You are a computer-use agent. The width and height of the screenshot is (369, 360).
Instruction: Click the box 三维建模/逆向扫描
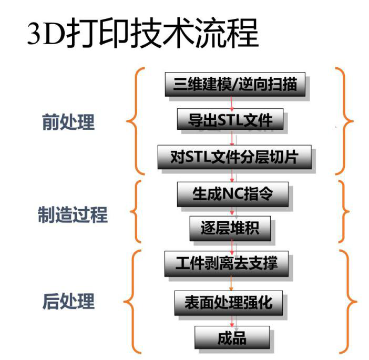click(x=234, y=86)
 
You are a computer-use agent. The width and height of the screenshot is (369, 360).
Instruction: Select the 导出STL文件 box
click(x=231, y=120)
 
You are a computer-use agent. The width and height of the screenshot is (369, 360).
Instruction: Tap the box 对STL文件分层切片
click(x=234, y=157)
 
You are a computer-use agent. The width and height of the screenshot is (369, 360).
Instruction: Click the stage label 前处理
click(x=68, y=122)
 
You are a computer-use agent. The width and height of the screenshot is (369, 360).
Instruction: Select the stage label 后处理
click(x=68, y=302)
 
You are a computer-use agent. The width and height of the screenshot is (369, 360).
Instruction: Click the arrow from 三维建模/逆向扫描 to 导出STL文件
click(x=231, y=102)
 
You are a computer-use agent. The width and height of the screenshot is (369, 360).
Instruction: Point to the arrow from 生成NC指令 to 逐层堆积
click(x=232, y=211)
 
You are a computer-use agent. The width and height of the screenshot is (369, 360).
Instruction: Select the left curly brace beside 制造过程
click(x=135, y=213)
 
